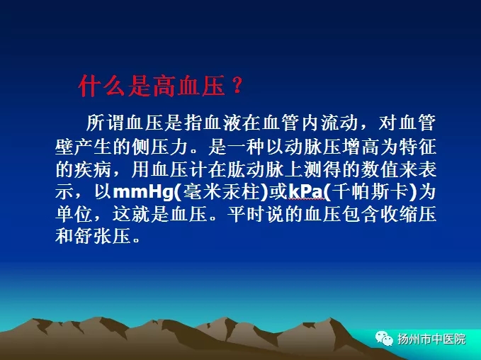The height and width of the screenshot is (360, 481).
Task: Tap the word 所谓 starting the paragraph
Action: coord(106,123)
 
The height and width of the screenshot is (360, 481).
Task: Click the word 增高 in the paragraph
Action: coord(361,147)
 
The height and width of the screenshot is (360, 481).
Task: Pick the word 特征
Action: coord(417,147)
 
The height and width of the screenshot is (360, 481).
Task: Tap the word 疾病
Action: coord(93,169)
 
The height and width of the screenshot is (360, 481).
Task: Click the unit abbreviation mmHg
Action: coord(144,192)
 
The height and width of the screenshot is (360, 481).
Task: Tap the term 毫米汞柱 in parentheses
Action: coord(221,192)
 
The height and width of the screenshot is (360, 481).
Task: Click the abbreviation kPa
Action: coord(306,192)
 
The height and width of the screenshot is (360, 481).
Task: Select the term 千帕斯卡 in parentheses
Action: coord(370,192)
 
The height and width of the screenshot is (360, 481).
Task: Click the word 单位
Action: coord(74,214)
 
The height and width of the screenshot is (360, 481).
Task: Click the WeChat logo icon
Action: coord(384,338)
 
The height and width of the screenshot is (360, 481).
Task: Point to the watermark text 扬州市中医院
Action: coord(431,339)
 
